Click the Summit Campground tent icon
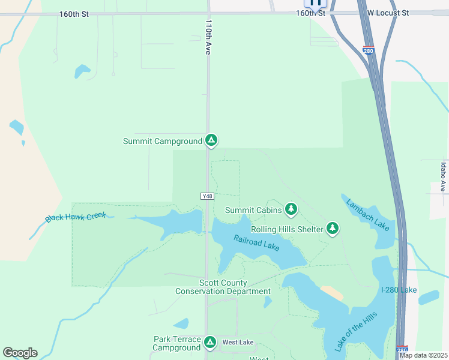(211, 140)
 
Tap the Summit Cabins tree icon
(291, 209)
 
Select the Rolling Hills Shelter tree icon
(333, 228)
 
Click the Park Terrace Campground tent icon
(209, 342)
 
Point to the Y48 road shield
(207, 196)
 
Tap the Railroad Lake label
(256, 242)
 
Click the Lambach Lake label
(367, 214)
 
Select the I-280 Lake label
(399, 290)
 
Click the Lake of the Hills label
(356, 331)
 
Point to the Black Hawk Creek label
(76, 217)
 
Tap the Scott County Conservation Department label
(223, 287)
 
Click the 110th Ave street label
(208, 37)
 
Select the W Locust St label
(388, 12)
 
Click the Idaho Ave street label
(444, 177)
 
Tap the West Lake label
(238, 343)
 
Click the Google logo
(20, 353)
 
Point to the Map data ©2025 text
(424, 355)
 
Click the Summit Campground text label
(162, 141)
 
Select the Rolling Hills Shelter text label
(288, 229)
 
